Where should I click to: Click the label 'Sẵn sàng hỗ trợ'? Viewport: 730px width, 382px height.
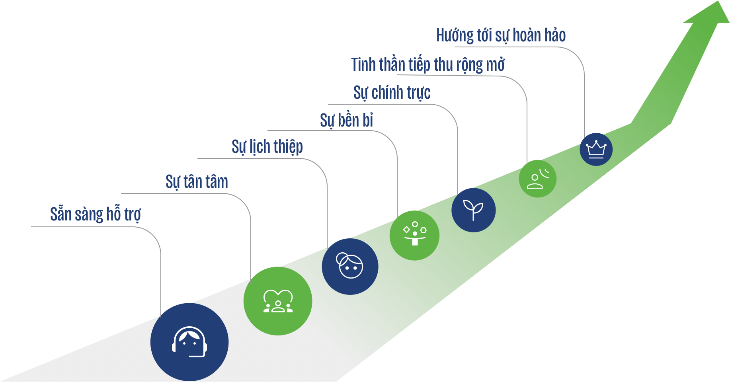pos(96,214)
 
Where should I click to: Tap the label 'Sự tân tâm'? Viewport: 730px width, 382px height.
pos(197,182)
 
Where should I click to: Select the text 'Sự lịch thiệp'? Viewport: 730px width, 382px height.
pos(267,147)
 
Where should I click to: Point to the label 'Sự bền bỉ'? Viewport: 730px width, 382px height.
pos(346,120)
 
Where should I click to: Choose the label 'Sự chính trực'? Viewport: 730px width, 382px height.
pos(392,93)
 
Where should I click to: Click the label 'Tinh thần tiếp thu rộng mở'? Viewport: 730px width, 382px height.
pos(428,65)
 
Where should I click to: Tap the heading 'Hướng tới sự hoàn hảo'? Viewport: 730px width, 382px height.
pos(501,35)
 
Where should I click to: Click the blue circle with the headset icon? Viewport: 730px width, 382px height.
pos(189,342)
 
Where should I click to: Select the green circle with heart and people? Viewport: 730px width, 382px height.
pos(278,301)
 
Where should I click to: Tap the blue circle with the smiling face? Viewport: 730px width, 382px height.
pos(350,267)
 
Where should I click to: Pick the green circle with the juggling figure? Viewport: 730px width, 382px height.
pos(414,236)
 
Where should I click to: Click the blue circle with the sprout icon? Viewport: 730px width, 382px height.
pos(473,210)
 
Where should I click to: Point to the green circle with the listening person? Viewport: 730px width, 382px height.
pos(537,179)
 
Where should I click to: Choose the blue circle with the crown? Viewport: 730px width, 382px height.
pos(596,149)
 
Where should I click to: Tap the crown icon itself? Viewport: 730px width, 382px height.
pos(596,149)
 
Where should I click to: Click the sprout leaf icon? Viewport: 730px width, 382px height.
pos(473,210)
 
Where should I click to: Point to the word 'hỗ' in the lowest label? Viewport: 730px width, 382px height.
pos(113,214)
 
